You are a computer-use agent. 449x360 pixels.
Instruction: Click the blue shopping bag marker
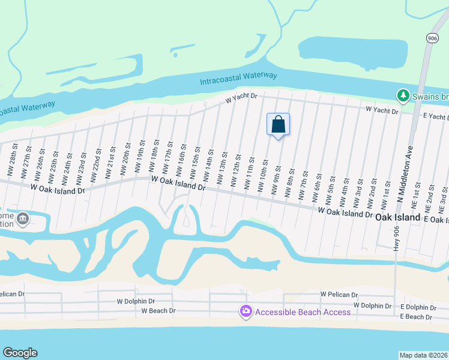278,125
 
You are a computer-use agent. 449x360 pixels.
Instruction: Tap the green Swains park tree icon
401,95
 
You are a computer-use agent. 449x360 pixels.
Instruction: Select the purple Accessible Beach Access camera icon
246,311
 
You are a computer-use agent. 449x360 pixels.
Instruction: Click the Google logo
20,353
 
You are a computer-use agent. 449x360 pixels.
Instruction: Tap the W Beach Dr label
158,311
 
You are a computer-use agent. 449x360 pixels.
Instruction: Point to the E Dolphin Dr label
418,307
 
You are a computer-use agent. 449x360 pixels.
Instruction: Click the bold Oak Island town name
397,219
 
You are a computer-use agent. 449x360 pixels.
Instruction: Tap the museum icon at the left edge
23,219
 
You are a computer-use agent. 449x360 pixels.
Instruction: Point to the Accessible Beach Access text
303,311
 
